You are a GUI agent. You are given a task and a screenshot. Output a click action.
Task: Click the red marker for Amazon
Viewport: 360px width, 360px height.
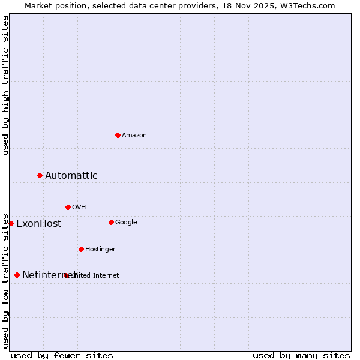[x=118, y=135]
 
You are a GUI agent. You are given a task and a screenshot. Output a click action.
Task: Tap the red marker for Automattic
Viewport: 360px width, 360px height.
[x=40, y=175]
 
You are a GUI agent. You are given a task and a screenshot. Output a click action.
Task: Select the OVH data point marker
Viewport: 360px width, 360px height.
[x=68, y=207]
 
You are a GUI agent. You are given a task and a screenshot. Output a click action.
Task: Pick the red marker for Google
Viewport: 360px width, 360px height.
[x=111, y=222]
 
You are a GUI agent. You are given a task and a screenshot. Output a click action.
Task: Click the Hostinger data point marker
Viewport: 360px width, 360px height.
[x=81, y=249]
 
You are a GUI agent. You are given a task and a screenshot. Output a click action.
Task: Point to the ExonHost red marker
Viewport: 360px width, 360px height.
[x=11, y=223]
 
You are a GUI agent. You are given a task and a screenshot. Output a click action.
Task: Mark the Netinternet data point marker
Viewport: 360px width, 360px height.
[x=17, y=275]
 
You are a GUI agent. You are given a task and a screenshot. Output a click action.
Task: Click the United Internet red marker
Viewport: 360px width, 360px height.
[x=66, y=275]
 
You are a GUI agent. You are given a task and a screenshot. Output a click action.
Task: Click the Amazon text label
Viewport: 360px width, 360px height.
[x=134, y=136]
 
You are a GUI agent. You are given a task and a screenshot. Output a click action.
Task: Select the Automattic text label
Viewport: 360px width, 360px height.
[x=71, y=176]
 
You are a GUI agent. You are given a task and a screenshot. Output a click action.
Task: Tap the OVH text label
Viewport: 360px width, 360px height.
[x=79, y=208]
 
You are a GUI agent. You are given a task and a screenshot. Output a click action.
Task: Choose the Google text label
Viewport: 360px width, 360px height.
[x=126, y=223]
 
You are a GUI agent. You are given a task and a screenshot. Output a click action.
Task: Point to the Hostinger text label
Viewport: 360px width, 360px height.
[x=100, y=250]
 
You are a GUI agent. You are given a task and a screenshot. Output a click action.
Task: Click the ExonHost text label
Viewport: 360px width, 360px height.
[x=38, y=224]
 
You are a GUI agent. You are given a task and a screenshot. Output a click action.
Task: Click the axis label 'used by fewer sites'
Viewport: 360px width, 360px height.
[x=62, y=356]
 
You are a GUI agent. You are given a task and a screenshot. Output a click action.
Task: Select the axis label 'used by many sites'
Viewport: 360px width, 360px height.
[x=301, y=356]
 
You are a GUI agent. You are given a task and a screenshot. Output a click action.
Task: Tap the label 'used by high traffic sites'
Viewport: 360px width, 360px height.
[x=5, y=85]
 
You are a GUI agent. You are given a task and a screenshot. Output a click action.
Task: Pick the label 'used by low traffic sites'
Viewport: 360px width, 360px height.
[x=5, y=280]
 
